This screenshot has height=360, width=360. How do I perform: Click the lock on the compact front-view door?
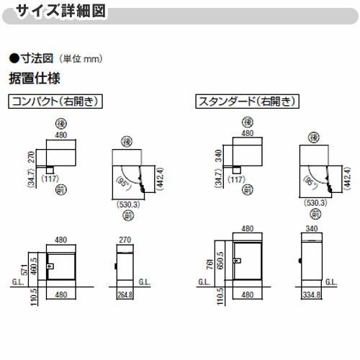click(50, 267)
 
